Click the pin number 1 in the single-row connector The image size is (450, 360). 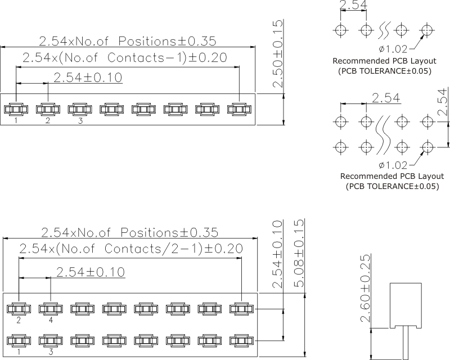pos(16,120)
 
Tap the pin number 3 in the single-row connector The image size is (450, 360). pos(80,120)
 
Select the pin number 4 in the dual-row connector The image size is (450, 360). pos(51,320)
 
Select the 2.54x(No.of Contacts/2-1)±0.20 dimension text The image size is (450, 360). pos(130,249)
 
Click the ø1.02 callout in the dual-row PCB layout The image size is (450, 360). pos(391,165)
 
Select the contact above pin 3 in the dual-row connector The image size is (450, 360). pos(51,340)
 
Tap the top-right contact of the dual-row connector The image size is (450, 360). pos(241,308)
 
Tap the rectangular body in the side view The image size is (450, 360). pos(407,304)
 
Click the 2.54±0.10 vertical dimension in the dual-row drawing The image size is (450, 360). pos(277,254)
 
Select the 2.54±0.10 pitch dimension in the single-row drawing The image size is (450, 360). pos(88,78)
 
